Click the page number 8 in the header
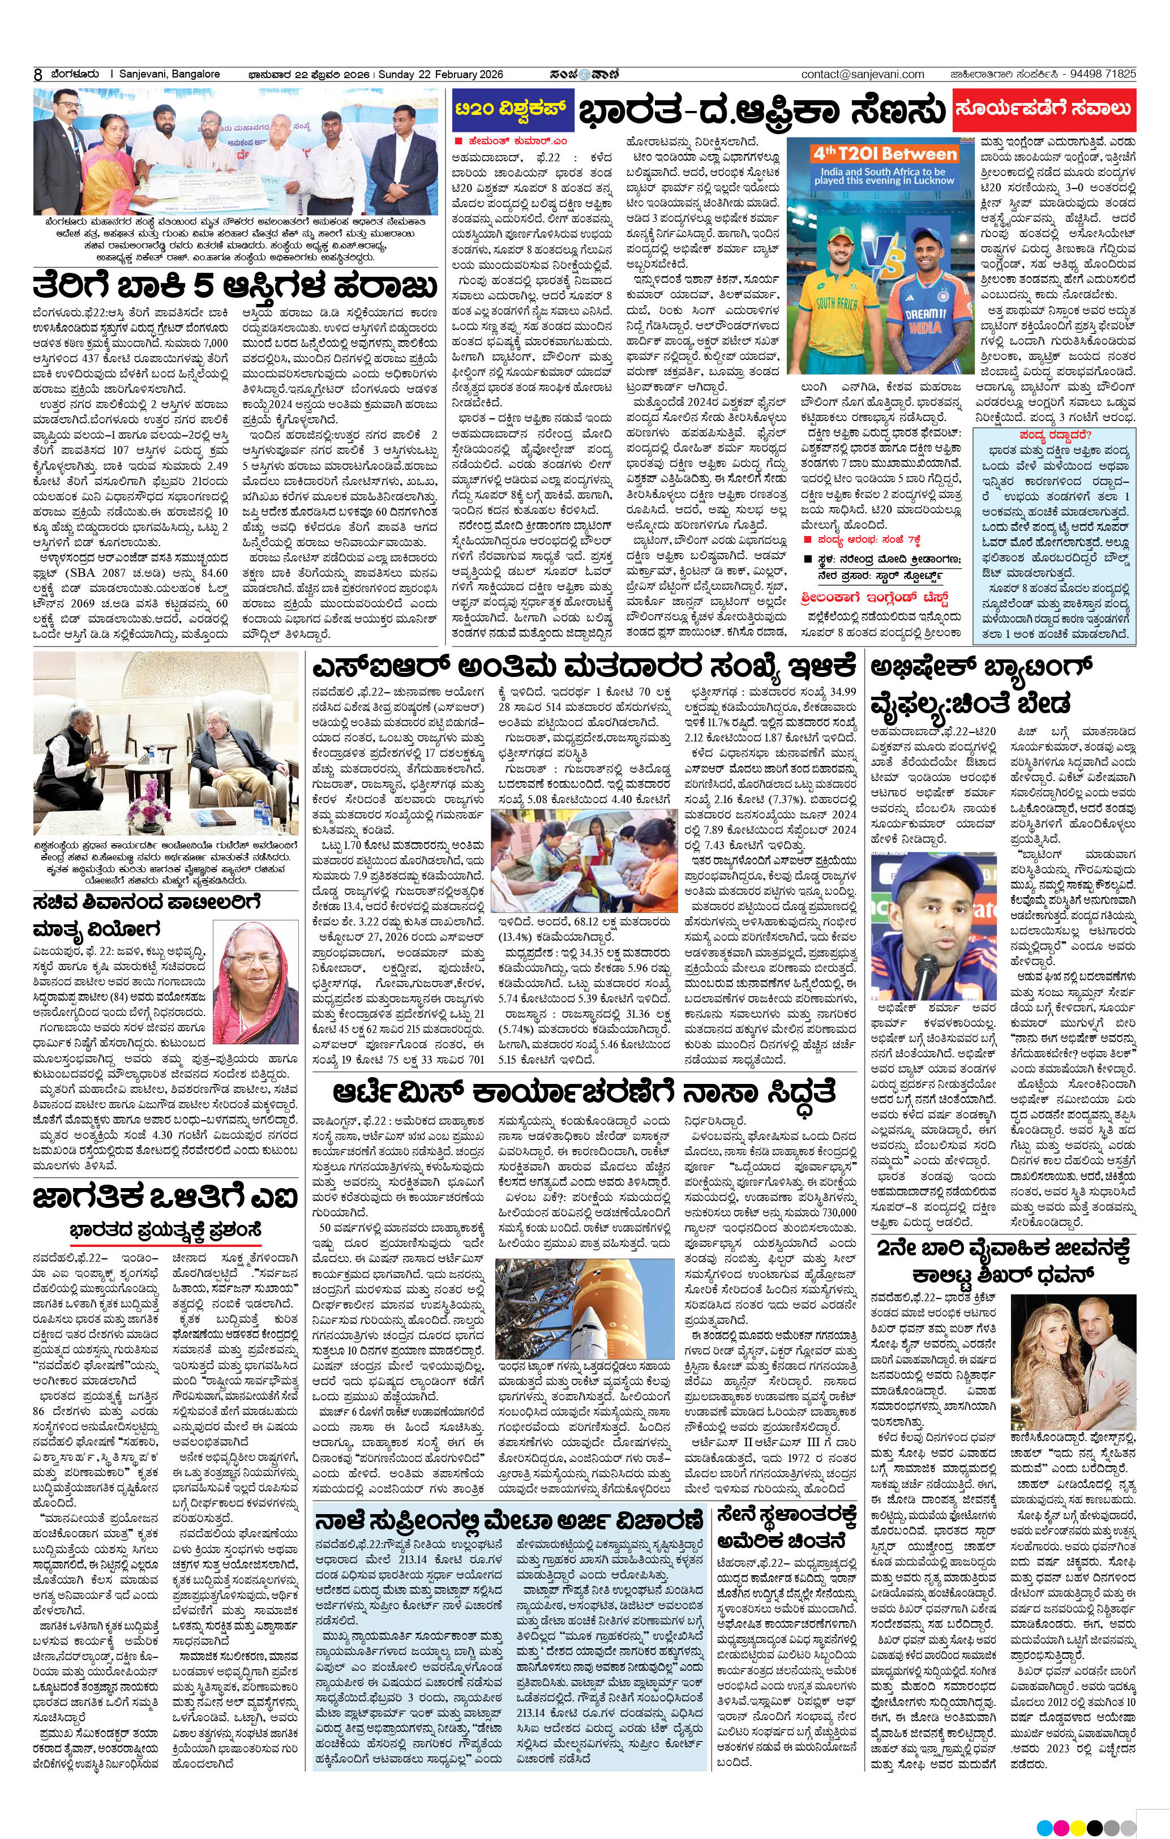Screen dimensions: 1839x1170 [37, 75]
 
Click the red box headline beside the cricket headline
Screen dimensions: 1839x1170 [1044, 109]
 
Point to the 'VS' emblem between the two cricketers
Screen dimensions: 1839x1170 [886, 260]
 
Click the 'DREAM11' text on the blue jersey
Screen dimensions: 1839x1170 [925, 314]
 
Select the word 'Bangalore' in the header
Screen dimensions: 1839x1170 [194, 74]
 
